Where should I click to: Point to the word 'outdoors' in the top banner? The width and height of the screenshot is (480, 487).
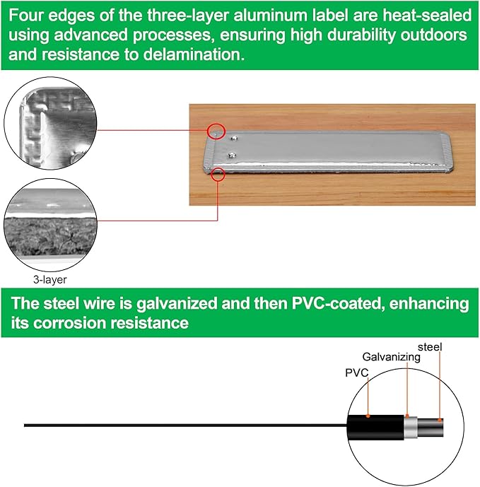[x=433, y=35]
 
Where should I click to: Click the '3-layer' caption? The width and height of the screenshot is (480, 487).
[x=49, y=280]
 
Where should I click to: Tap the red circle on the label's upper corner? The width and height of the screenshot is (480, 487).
[x=216, y=131]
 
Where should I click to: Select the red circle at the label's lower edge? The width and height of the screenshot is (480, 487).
[x=218, y=175]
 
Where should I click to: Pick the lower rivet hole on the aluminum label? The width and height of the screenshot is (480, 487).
[x=232, y=154]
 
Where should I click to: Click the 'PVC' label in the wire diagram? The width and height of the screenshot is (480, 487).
[x=357, y=372]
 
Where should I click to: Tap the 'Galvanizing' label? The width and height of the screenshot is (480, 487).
[x=391, y=357]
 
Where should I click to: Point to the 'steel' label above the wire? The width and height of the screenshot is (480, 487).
[x=430, y=347]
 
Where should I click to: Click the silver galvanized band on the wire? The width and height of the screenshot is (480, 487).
[x=411, y=428]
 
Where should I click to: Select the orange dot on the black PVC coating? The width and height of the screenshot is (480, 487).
[x=368, y=416]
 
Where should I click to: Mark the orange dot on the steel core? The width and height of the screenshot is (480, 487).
[x=440, y=421]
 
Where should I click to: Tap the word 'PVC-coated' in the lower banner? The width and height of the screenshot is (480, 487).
[x=336, y=303]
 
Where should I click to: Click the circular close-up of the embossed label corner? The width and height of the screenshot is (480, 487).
[x=50, y=123]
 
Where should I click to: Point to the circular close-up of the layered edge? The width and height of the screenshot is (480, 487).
[x=50, y=225]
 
